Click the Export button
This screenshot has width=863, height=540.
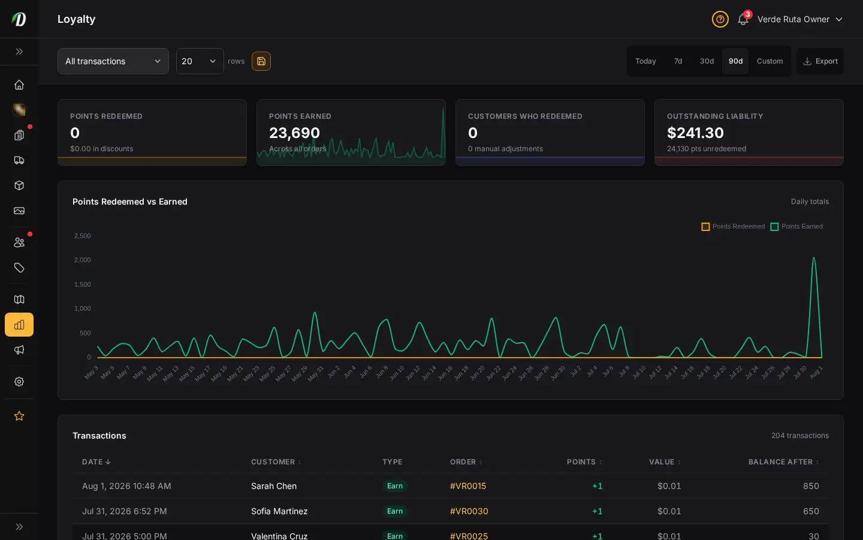point(820,61)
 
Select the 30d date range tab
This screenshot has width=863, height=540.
point(707,61)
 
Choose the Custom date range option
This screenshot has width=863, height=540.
point(770,61)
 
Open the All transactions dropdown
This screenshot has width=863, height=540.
point(113,61)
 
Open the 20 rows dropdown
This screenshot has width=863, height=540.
point(200,61)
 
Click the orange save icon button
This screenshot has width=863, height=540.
point(261,61)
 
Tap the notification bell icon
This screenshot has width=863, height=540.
point(743,19)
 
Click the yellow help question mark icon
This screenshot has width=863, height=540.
point(720,19)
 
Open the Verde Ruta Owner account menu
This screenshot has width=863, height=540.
point(800,19)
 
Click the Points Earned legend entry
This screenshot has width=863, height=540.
point(796,226)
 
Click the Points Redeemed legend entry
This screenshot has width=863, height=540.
point(733,226)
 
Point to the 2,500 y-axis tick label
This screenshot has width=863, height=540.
point(83,236)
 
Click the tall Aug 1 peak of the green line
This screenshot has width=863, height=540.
point(814,257)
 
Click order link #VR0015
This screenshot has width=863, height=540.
point(467,486)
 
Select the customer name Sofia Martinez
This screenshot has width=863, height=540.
point(279,511)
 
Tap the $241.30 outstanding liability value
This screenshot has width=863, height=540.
point(695,133)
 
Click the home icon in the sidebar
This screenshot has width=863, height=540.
point(19,85)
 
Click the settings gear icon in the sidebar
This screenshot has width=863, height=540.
point(19,382)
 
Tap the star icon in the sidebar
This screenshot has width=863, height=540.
point(19,416)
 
